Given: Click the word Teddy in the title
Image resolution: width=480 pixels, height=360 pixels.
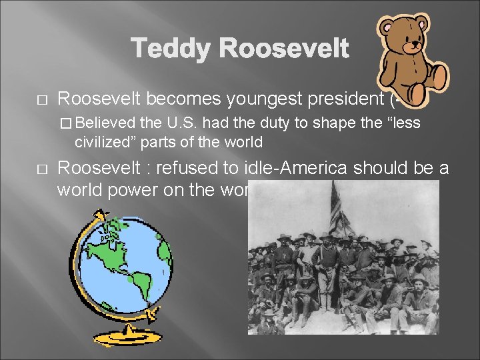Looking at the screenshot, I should [x=171, y=49].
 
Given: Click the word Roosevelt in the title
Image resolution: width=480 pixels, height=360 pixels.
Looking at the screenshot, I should [x=283, y=49].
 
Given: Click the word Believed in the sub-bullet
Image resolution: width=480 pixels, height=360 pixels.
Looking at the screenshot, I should [x=110, y=123].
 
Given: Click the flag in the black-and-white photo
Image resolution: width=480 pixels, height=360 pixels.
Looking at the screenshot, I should [x=338, y=210].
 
